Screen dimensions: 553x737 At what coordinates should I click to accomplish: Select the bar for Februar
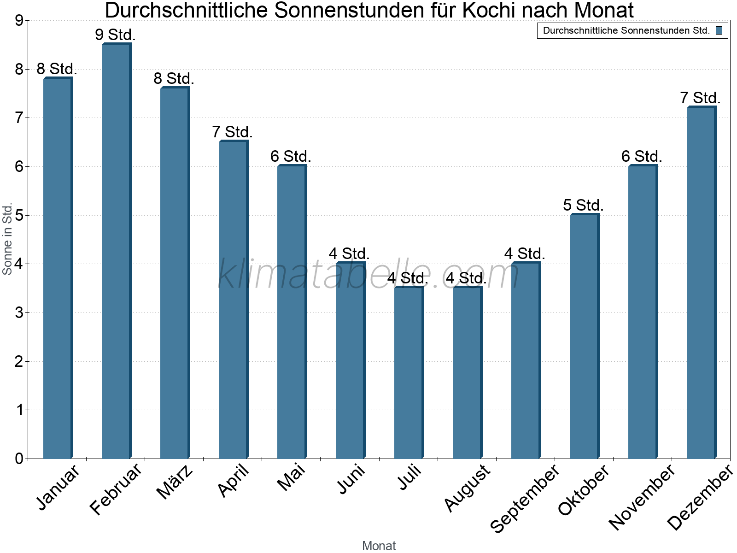[116, 251]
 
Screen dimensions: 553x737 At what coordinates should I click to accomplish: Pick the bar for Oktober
[584, 336]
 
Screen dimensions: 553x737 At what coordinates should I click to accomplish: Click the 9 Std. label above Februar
[115, 35]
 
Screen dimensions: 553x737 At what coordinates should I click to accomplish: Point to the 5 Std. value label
[583, 205]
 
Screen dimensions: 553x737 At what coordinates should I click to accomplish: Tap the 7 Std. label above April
[232, 132]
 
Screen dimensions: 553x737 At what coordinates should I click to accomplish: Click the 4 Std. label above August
[466, 278]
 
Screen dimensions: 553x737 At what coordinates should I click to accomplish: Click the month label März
[175, 482]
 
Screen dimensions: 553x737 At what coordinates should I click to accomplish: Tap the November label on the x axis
[641, 497]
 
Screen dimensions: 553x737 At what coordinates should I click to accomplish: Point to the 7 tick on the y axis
[19, 118]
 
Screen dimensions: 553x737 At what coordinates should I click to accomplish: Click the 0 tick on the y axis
[19, 459]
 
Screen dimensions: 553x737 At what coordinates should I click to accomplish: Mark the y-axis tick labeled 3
[19, 313]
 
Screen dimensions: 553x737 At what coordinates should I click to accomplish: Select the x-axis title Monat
[379, 546]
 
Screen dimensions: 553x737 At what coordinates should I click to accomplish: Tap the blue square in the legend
[719, 30]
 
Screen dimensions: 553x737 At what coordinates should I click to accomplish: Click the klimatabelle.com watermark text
[368, 274]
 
